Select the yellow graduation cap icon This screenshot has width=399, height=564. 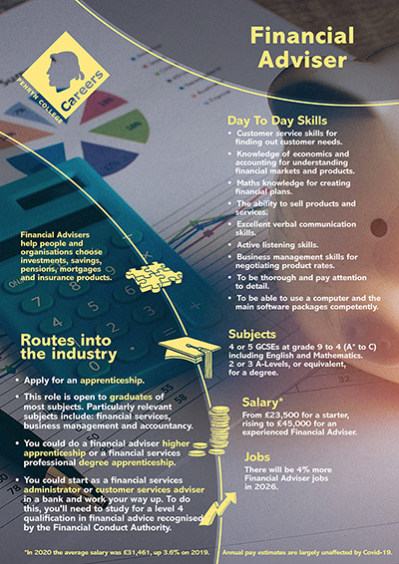coord(188,348)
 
